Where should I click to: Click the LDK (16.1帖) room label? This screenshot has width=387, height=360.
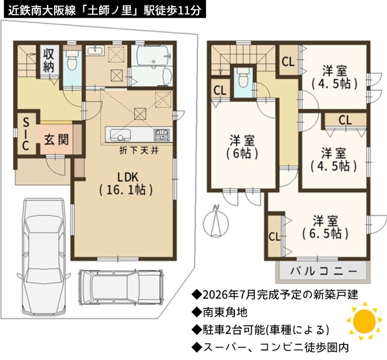126,184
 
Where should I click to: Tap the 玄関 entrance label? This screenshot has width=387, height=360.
56,140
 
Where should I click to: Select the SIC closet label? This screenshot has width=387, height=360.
26,134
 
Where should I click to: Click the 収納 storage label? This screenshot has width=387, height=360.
49,60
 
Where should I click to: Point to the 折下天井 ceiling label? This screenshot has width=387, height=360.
139,150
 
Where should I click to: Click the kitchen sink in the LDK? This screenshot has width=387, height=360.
120,135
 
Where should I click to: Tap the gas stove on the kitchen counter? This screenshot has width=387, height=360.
162,135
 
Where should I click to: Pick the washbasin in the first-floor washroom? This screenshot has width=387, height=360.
95,51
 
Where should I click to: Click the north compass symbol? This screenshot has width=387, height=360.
216,221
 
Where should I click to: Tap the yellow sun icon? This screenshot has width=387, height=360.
364,321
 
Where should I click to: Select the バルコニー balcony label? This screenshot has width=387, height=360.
324,271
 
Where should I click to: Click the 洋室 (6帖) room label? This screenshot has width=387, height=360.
242,147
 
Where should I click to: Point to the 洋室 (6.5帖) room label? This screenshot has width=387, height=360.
325,227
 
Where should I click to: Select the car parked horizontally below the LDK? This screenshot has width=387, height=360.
121,287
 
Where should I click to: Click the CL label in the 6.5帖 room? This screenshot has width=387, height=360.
275,237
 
